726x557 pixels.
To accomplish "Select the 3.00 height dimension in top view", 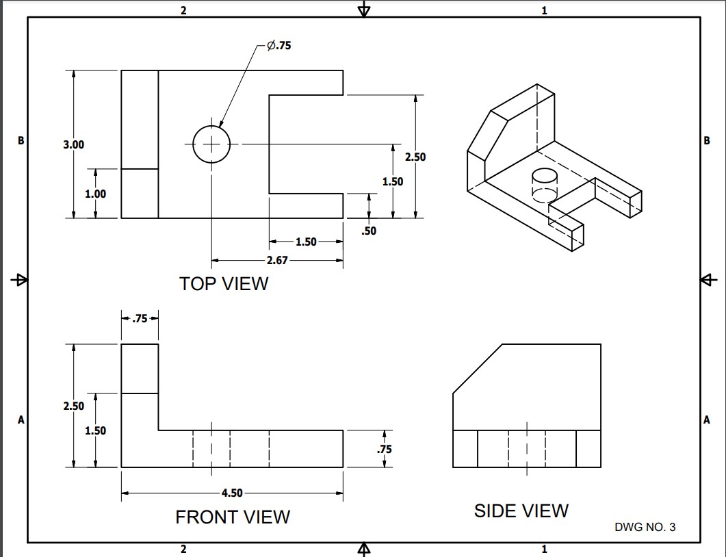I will [x=73, y=144].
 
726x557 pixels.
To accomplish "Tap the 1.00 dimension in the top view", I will [x=95, y=194].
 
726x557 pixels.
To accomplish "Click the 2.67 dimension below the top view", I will [x=277, y=261].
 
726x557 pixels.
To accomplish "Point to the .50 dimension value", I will [x=369, y=231].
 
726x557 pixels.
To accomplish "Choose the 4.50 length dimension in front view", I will [x=232, y=493].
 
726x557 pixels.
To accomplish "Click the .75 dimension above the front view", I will [x=140, y=318].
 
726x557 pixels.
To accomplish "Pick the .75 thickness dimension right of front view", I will [x=385, y=450].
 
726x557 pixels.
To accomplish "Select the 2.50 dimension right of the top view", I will [x=415, y=157].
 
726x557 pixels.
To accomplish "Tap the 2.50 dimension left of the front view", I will [x=73, y=406].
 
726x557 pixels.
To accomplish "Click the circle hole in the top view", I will [x=211, y=144].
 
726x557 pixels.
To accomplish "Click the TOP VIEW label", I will [x=224, y=283].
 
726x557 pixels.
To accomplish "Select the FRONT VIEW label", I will [x=233, y=517].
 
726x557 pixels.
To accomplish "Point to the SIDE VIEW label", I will [x=521, y=510].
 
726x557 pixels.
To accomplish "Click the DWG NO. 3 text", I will [x=645, y=527].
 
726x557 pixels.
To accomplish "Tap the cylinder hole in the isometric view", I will [x=545, y=185].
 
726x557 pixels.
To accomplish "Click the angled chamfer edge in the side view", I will [x=478, y=369].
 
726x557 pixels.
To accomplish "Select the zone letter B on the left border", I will [x=21, y=140].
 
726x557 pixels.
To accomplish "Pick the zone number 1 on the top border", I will [x=544, y=10].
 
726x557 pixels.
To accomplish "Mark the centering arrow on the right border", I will [x=708, y=280].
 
